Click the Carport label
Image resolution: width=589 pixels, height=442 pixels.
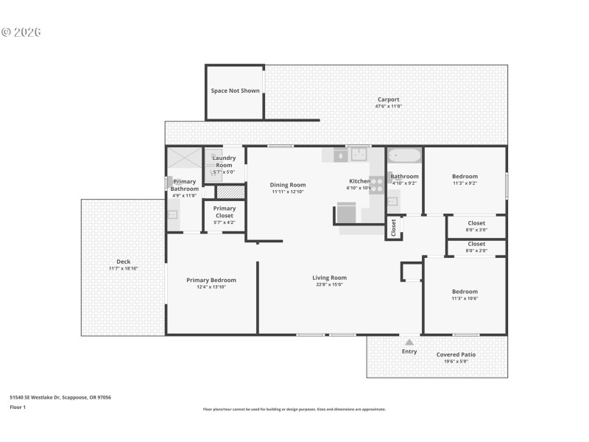[388, 99]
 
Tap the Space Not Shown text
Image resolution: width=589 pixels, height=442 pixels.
[235, 91]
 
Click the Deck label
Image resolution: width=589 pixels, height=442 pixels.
[124, 262]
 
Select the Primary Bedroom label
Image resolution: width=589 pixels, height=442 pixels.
[211, 280]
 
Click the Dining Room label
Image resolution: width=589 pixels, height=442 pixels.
[288, 185]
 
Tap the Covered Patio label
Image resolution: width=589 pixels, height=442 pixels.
[456, 354]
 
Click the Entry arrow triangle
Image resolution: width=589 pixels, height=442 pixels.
[409, 342]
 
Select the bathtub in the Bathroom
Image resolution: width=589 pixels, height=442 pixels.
[404, 155]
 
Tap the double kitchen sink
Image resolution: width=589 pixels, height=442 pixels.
[359, 154]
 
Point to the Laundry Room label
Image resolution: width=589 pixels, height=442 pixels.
[224, 161]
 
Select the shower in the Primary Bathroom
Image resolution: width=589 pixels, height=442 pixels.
[183, 159]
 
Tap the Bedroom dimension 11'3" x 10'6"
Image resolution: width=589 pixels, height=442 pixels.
[465, 298]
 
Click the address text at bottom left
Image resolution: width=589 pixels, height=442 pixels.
[60, 397]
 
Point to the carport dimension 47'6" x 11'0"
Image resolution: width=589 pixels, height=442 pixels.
[388, 107]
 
